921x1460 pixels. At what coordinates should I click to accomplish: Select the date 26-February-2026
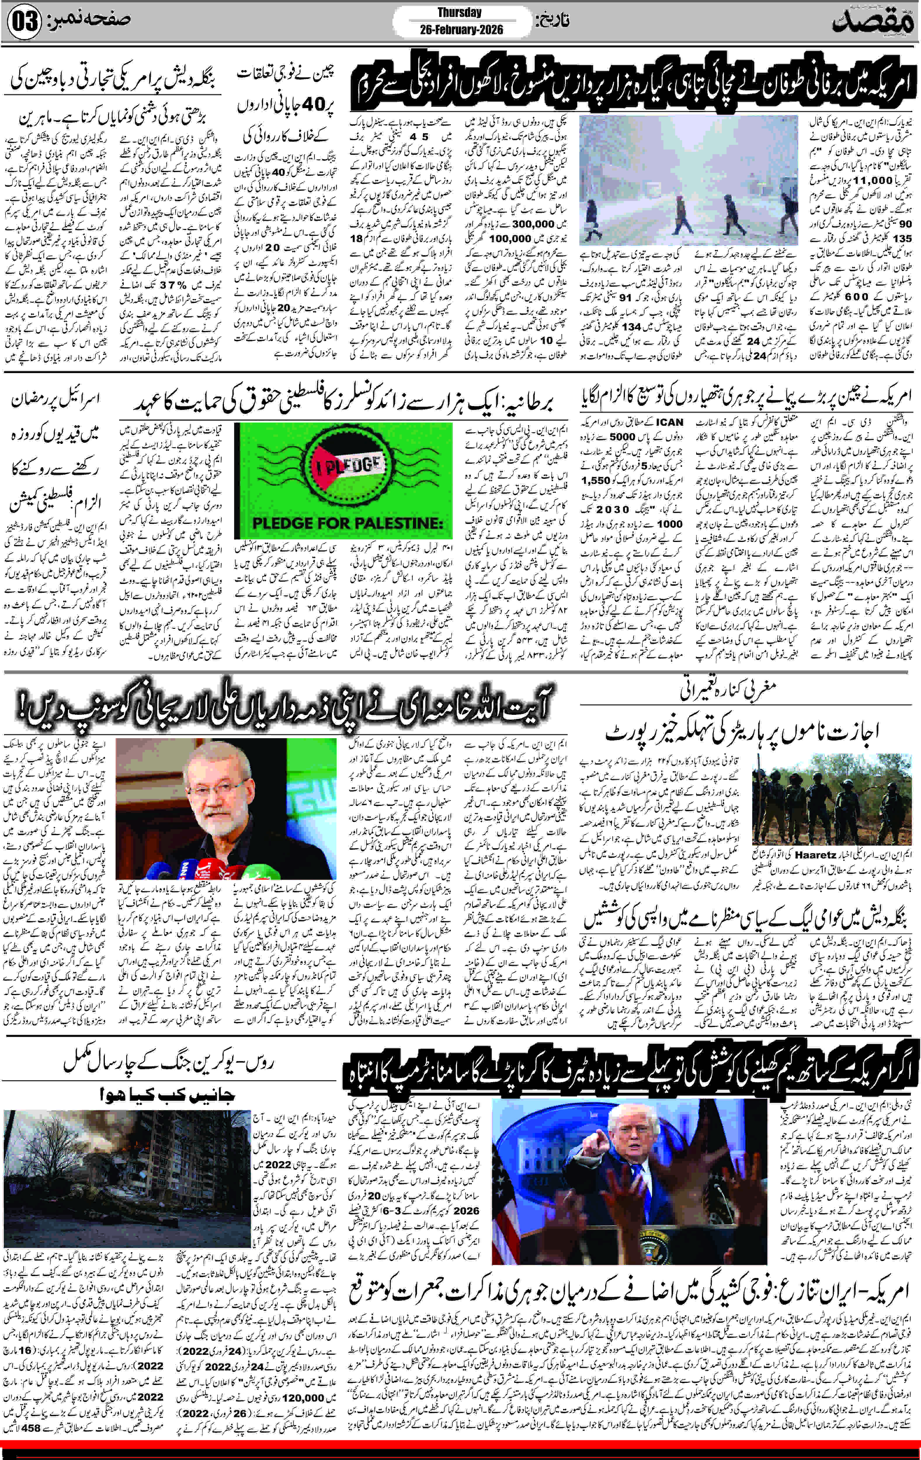pos(461,30)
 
